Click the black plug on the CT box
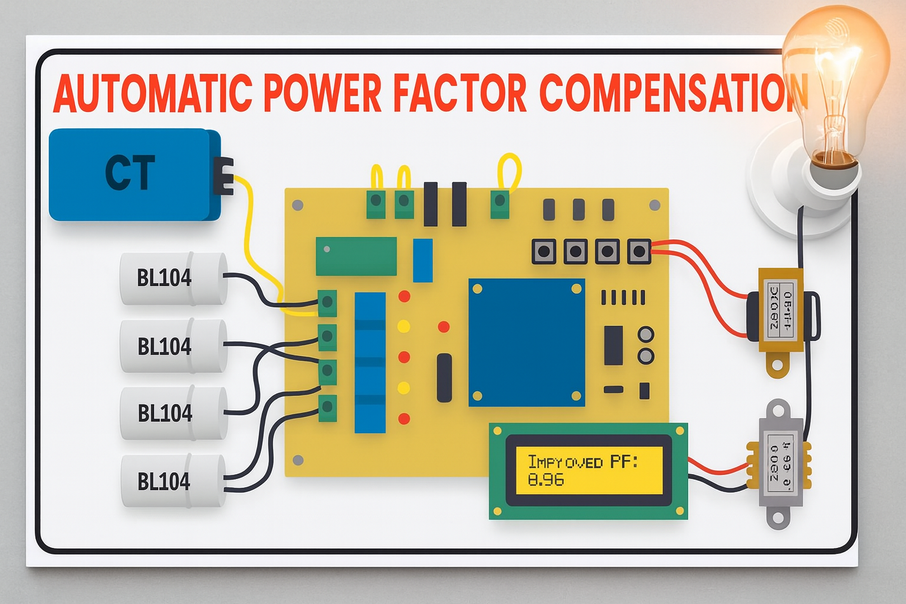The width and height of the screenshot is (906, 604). (224, 175)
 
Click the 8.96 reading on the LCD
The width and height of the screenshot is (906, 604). (546, 480)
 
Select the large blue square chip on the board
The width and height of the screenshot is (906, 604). (527, 343)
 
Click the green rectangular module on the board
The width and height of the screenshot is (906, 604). (356, 257)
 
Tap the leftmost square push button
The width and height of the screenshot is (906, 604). (544, 252)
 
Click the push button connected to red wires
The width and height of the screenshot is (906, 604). (639, 252)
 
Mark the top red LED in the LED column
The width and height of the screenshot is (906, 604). (404, 296)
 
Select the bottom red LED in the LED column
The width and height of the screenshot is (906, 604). (404, 419)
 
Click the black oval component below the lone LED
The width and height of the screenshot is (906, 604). (444, 378)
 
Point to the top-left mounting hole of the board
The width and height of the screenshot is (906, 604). (298, 205)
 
